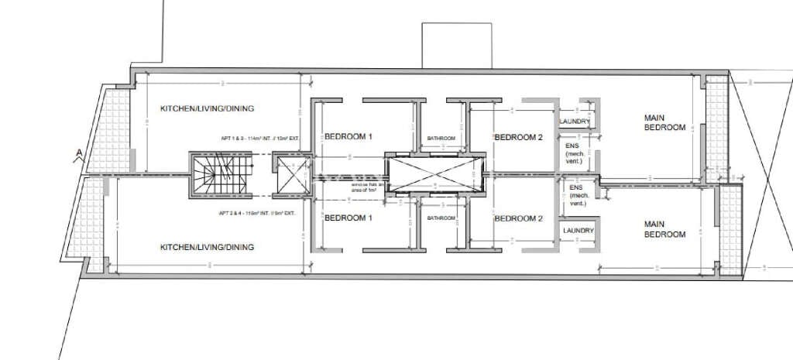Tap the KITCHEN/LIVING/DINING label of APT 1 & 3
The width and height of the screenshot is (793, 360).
[x=207, y=108]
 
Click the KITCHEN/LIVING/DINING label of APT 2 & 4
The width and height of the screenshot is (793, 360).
[x=207, y=248]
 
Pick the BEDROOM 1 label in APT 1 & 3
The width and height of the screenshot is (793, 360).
[x=348, y=137]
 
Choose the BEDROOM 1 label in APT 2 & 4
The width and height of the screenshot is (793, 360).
[x=348, y=218]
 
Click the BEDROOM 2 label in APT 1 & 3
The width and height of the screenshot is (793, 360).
[x=518, y=137]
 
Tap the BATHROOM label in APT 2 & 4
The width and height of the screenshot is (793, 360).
[x=441, y=218]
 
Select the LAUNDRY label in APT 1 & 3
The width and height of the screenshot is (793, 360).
[x=575, y=122]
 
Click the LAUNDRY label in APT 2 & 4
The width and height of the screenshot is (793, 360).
[x=578, y=231]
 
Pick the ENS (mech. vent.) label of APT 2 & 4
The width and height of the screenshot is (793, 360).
[x=578, y=196]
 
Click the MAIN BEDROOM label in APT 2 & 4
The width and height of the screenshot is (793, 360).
[x=664, y=229]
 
